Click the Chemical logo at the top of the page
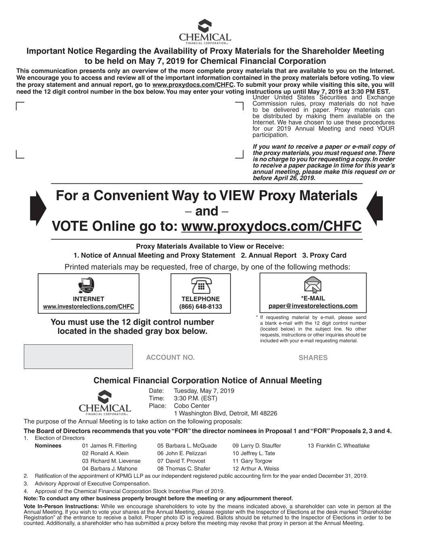pyautogui.click(x=205, y=31)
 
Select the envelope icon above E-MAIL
pyautogui.click(x=313, y=285)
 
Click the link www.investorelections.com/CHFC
pyautogui.click(x=88, y=307)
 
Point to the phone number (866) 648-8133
pyautogui.click(x=201, y=307)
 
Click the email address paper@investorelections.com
pyautogui.click(x=313, y=306)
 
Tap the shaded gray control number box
pyautogui.click(x=78, y=356)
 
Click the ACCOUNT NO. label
pyautogui.click(x=170, y=358)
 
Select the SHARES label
pyautogui.click(x=313, y=358)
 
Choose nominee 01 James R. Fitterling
pyautogui.click(x=109, y=446)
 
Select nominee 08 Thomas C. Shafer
pyautogui.click(x=184, y=469)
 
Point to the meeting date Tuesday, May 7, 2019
pyautogui.click(x=204, y=391)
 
